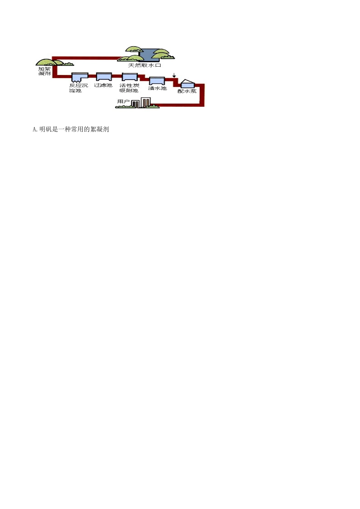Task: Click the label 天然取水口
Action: (x=144, y=66)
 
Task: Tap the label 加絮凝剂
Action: (x=44, y=71)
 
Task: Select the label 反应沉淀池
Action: (x=78, y=88)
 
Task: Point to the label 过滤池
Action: (x=103, y=85)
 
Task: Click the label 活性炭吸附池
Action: (x=129, y=88)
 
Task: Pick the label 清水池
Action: (x=157, y=88)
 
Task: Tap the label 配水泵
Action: (x=187, y=91)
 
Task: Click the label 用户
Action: (x=123, y=101)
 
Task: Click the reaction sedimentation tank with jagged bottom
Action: (x=80, y=77)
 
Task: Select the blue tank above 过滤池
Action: (x=104, y=77)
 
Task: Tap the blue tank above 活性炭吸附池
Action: (x=130, y=77)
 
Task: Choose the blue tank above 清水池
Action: (x=157, y=81)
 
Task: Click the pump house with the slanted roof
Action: (x=188, y=84)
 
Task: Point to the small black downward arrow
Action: (x=174, y=75)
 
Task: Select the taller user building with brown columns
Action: (x=146, y=102)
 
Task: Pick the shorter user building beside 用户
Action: (x=135, y=104)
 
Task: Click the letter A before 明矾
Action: (x=34, y=130)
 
